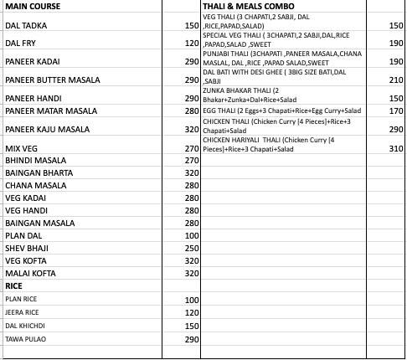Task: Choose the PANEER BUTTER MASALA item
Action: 52,80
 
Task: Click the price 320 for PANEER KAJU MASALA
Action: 190,130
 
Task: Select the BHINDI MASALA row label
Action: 35,160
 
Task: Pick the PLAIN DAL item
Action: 24,235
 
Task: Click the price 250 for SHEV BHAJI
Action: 190,248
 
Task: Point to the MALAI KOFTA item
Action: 31,273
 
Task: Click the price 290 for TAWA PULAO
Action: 190,339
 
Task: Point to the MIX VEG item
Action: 21,148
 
